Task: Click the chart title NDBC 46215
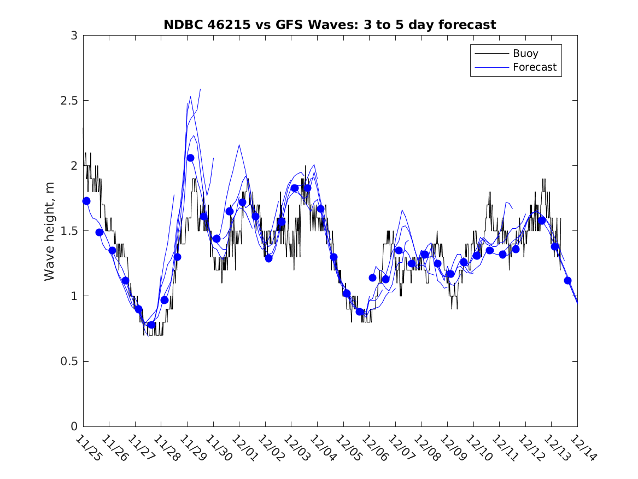tap(330, 25)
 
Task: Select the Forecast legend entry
tap(534, 67)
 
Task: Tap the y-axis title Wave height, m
tap(50, 231)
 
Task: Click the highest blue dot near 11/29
tap(190, 158)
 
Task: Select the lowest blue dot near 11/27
tap(151, 325)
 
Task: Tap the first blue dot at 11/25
tap(86, 201)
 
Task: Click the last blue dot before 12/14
tap(567, 280)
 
